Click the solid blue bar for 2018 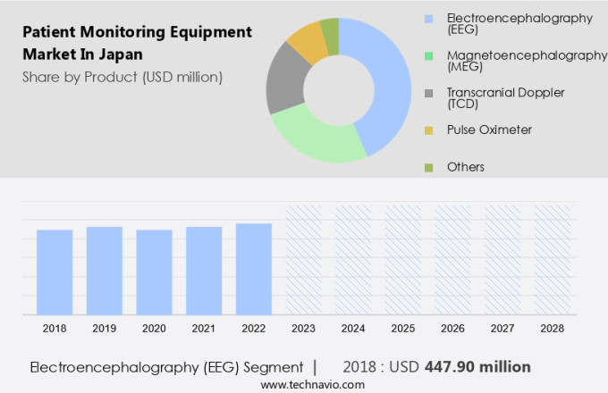pyautogui.click(x=55, y=272)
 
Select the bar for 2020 pyautogui.click(x=154, y=272)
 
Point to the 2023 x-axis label pyautogui.click(x=303, y=329)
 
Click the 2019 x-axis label pyautogui.click(x=104, y=329)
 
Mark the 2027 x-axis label pyautogui.click(x=502, y=329)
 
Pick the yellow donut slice pyautogui.click(x=307, y=41)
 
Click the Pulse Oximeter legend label pyautogui.click(x=489, y=130)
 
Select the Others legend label pyautogui.click(x=465, y=167)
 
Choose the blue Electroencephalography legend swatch pyautogui.click(x=429, y=19)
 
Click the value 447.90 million pyautogui.click(x=465, y=367)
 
